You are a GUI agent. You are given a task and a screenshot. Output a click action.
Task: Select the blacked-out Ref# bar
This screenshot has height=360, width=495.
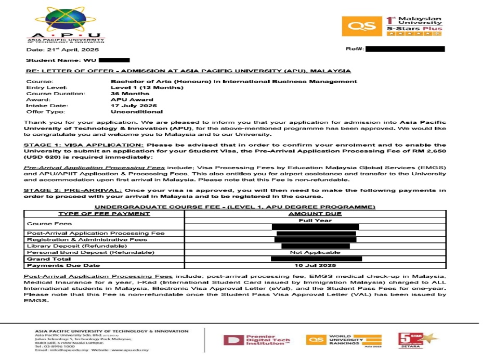(406, 49)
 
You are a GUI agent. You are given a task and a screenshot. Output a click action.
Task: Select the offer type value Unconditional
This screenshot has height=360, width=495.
(137, 111)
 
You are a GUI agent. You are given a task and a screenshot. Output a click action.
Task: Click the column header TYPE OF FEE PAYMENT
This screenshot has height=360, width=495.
(97, 214)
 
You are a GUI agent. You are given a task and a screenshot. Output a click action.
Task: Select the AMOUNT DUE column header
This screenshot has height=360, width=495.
(315, 214)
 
